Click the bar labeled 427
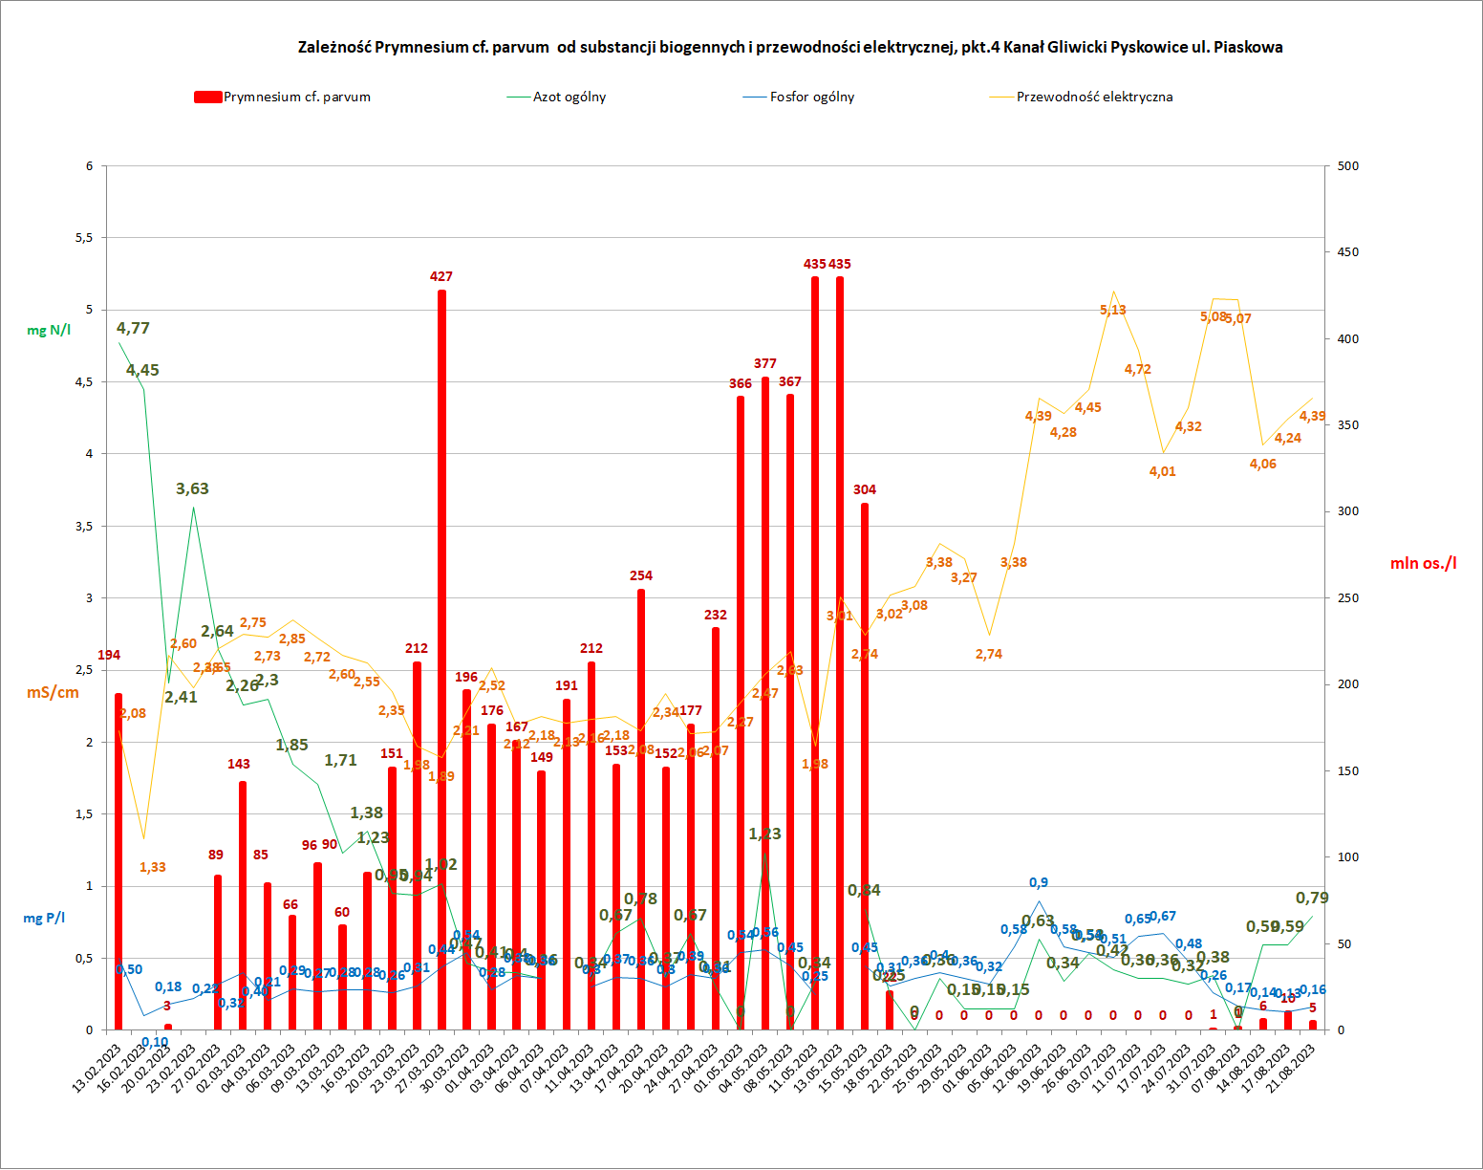tap(441, 660)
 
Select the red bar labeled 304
tap(865, 765)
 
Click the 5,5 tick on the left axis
tap(84, 238)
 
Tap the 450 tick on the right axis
tap(1348, 252)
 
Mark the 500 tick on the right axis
tap(1348, 166)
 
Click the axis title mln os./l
tap(1423, 563)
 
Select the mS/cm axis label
tap(53, 692)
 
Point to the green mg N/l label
tap(49, 330)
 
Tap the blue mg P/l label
tap(44, 918)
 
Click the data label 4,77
tap(133, 328)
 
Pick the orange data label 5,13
tap(1112, 310)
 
